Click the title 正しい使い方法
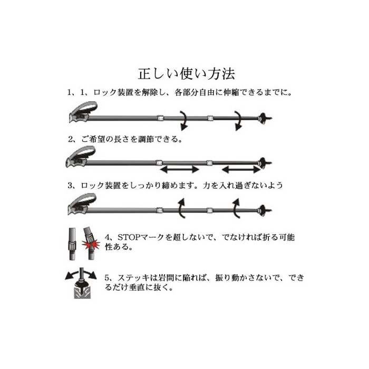(187, 74)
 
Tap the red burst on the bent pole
(91, 244)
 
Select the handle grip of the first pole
(83, 112)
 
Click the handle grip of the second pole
(80, 157)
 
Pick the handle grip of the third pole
(82, 204)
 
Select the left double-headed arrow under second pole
(180, 169)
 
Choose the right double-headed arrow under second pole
(241, 169)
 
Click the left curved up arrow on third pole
(181, 208)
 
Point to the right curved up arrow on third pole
(236, 208)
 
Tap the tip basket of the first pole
(264, 118)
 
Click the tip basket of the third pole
(264, 210)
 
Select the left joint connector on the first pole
(160, 118)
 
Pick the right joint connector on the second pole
(209, 162)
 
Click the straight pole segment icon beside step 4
(73, 244)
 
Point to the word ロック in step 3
(92, 186)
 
